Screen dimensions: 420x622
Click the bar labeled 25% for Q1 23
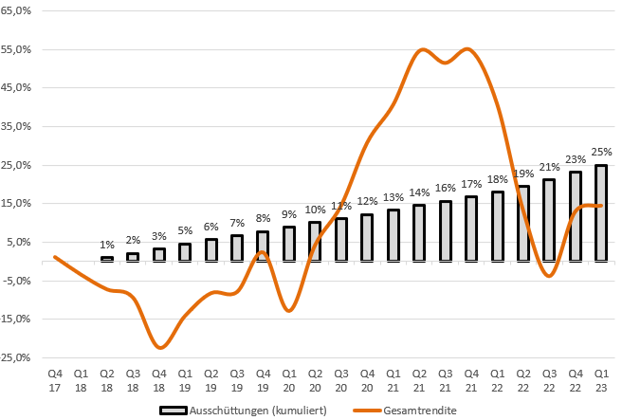point(601,212)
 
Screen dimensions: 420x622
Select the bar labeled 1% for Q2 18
point(107,259)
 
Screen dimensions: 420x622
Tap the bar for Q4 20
point(367,237)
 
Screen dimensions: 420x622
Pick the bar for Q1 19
point(185,251)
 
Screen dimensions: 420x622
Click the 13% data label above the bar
point(393,198)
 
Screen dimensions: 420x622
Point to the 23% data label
point(576,160)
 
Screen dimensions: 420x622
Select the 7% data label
point(237,223)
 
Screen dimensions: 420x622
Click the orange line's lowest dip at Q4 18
point(159,348)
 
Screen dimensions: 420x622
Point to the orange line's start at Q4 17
point(55,257)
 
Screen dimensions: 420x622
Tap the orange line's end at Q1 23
point(601,206)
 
